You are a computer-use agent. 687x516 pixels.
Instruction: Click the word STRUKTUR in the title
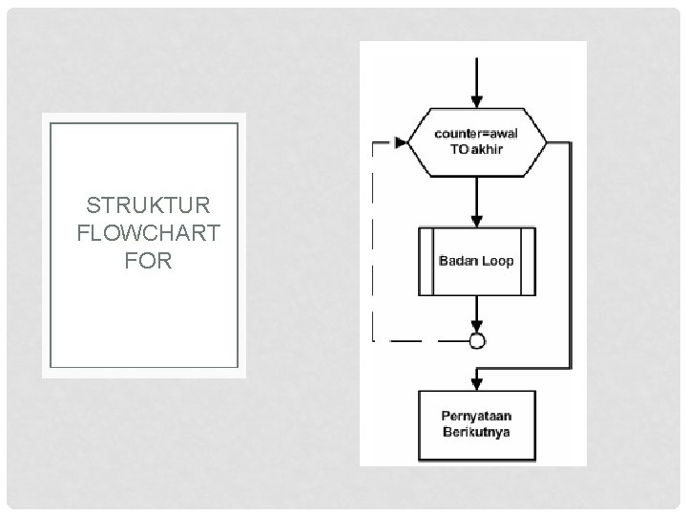(148, 206)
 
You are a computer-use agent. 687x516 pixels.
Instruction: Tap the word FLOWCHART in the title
(148, 233)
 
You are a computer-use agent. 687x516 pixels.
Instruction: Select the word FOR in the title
(148, 260)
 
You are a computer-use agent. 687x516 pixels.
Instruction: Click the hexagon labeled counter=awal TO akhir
(476, 142)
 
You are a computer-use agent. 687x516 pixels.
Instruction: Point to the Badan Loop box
(476, 261)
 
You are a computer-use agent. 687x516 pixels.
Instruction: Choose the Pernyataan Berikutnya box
(476, 424)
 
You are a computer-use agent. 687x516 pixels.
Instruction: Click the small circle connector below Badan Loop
(476, 340)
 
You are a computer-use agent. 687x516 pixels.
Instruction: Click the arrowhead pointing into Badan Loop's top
(476, 219)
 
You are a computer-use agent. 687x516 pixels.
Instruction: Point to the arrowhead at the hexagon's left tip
(401, 143)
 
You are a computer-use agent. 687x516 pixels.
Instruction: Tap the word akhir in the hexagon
(487, 150)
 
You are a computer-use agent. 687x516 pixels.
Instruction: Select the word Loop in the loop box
(496, 261)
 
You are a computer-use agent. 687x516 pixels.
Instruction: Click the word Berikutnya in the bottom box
(476, 433)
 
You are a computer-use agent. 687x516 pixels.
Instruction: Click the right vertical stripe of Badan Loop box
(528, 261)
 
